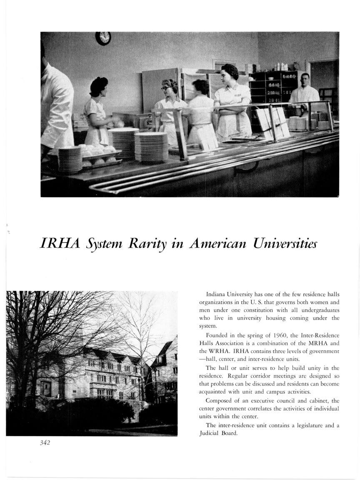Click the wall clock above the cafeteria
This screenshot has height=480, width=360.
[103, 38]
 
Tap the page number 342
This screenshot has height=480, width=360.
[45, 442]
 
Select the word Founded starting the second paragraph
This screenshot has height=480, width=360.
[218, 335]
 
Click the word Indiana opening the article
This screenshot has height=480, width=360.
[216, 295]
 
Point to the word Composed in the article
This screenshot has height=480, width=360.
[220, 401]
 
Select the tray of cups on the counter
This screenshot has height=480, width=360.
[98, 152]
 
